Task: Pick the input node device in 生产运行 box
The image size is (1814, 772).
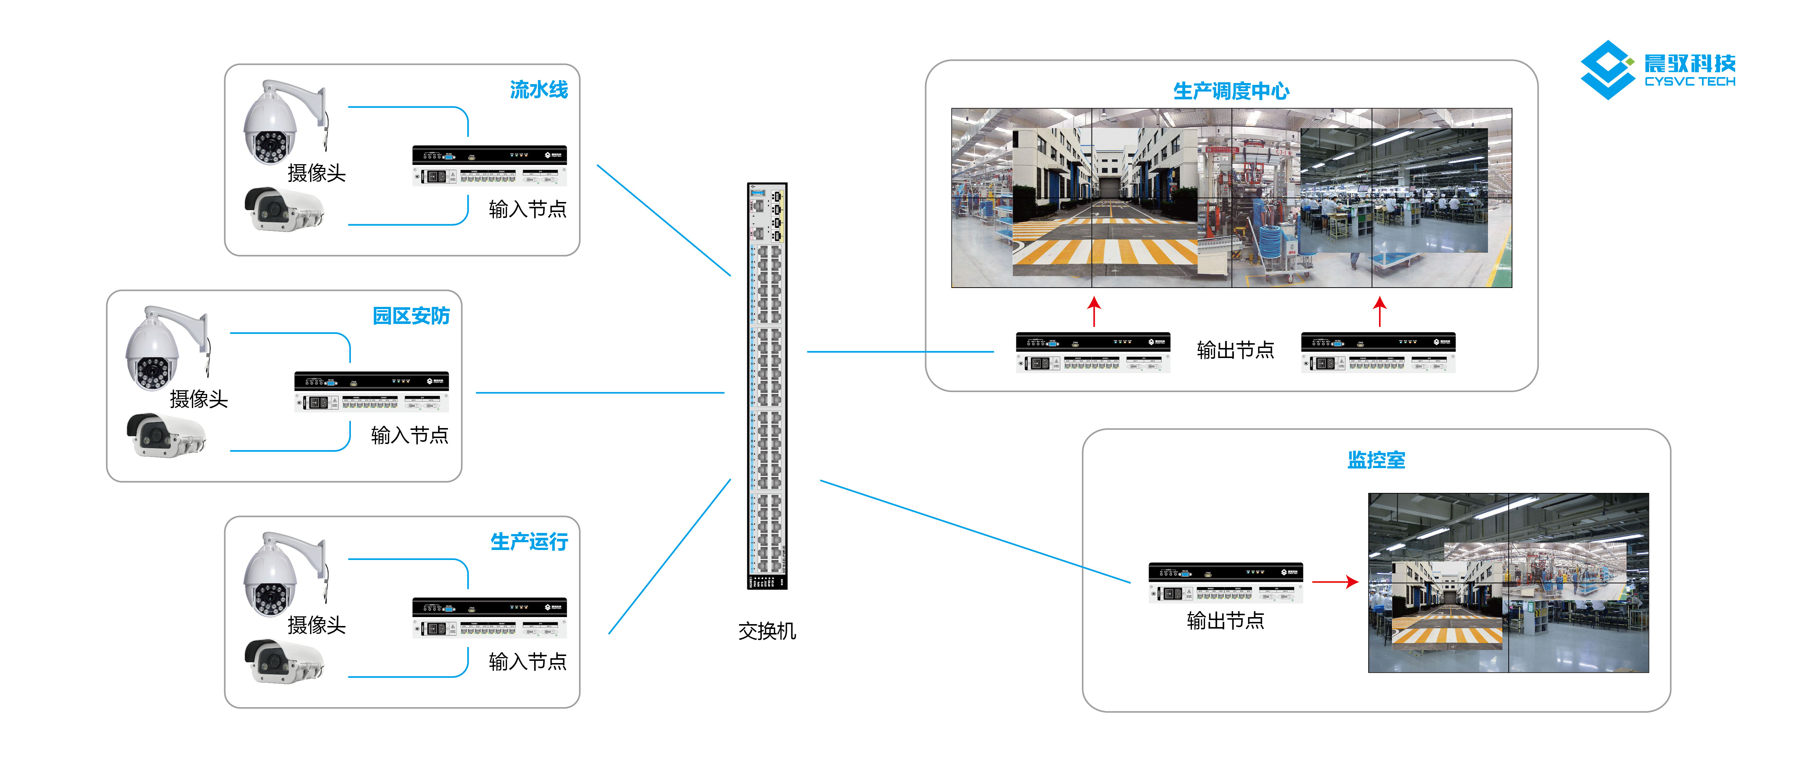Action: pyautogui.click(x=489, y=618)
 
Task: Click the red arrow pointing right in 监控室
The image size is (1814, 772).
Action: pyautogui.click(x=1335, y=582)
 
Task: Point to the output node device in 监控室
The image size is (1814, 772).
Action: pyautogui.click(x=1225, y=583)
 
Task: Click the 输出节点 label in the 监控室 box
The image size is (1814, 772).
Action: pyautogui.click(x=1225, y=620)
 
